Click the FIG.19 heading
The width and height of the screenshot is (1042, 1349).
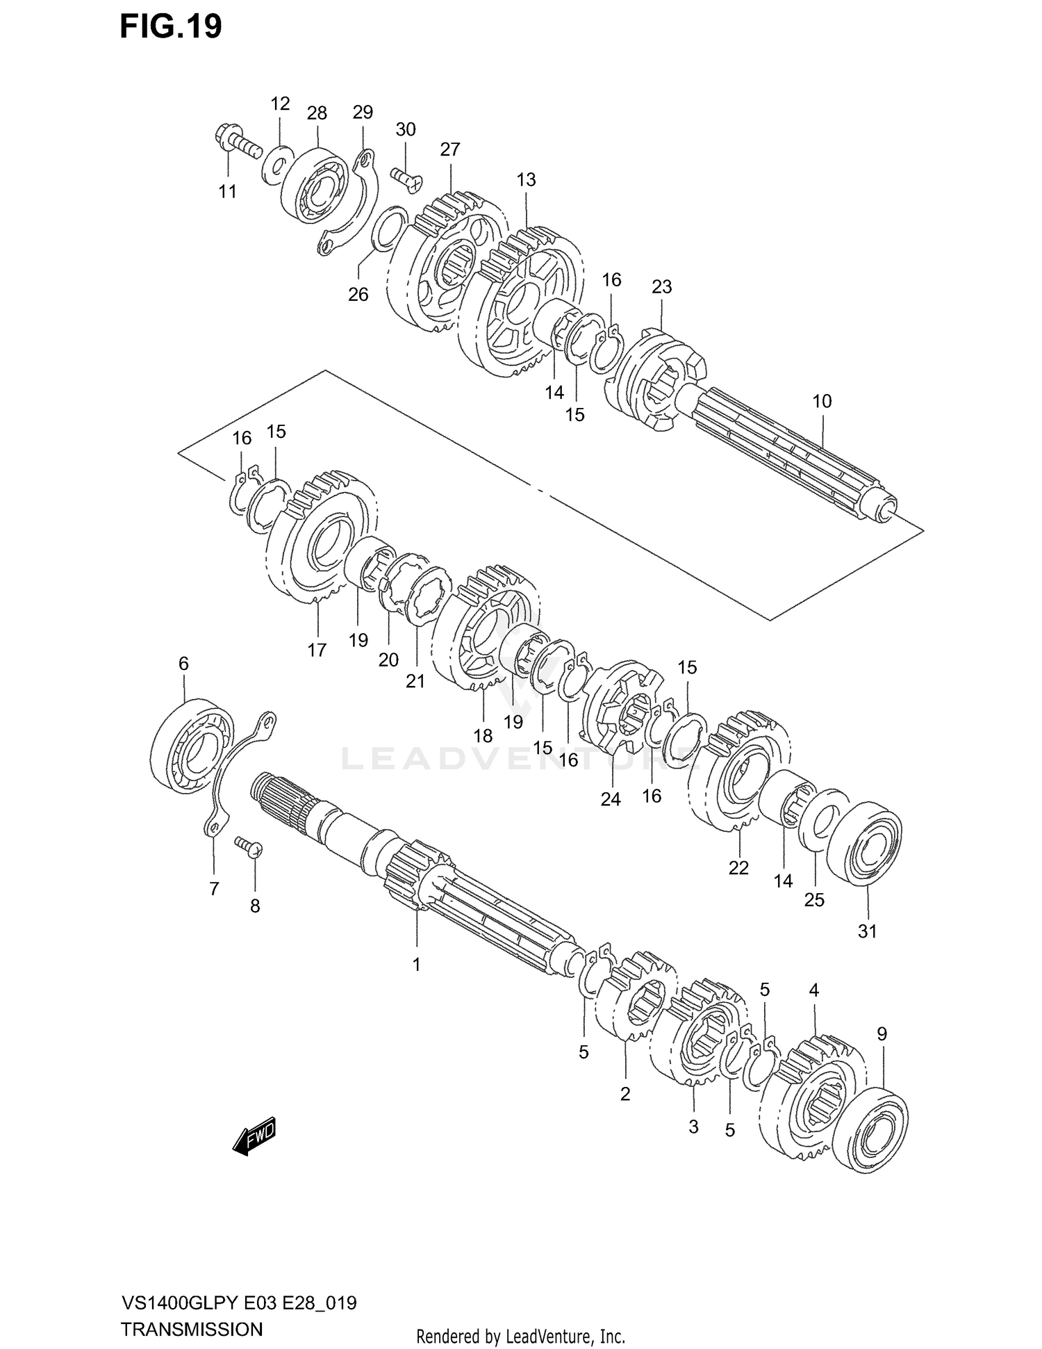170,26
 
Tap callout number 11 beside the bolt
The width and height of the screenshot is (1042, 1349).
228,192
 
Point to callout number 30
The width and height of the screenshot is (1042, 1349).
405,129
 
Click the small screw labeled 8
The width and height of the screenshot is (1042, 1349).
249,846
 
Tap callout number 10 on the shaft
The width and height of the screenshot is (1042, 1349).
822,401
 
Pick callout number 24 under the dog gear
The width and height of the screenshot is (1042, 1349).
611,800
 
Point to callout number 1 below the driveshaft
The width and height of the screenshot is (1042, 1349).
417,965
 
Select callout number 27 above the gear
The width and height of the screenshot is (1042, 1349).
450,149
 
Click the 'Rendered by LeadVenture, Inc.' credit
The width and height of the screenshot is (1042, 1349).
520,1336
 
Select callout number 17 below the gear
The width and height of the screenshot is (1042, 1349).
317,651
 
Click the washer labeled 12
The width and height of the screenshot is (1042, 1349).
276,166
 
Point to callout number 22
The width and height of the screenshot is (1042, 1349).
738,868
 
